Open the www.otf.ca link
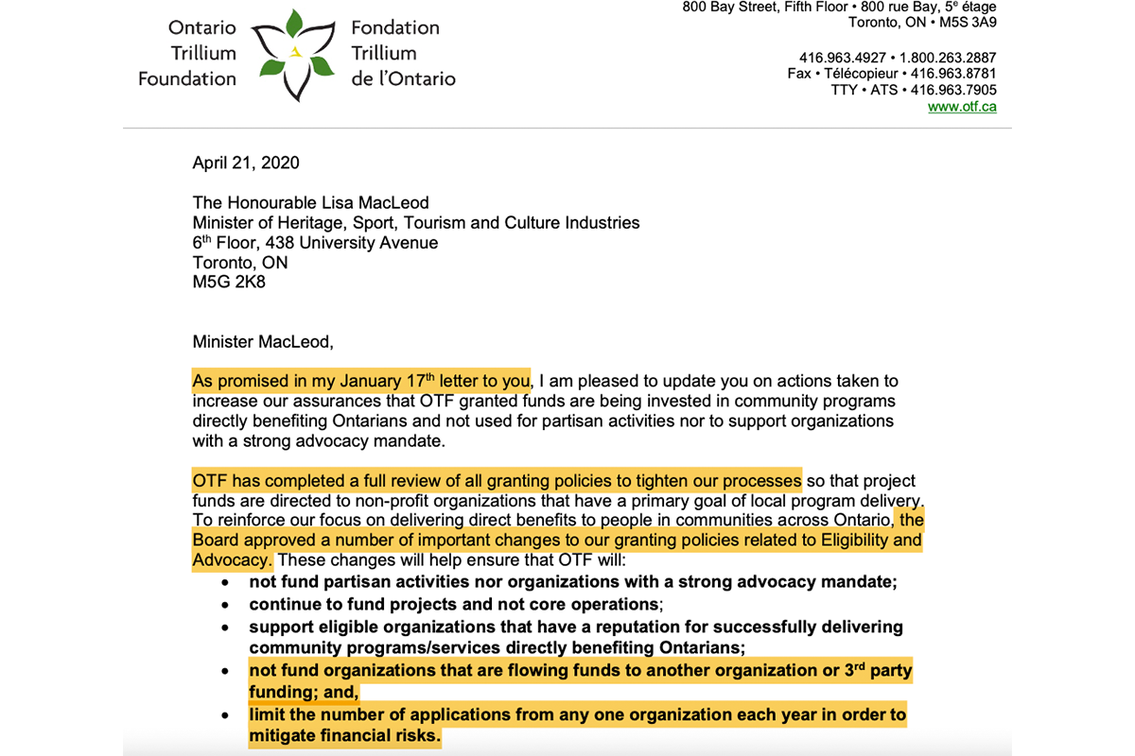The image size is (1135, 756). (962, 107)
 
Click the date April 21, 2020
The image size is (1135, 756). (246, 163)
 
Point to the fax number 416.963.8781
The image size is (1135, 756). (953, 73)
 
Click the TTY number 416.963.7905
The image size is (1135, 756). (953, 90)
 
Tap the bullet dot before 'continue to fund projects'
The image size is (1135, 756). (225, 605)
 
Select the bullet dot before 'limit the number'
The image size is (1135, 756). (225, 715)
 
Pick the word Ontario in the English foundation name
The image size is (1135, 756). (203, 27)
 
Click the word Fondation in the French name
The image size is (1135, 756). (395, 27)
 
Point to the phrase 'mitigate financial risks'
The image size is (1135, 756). (344, 736)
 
